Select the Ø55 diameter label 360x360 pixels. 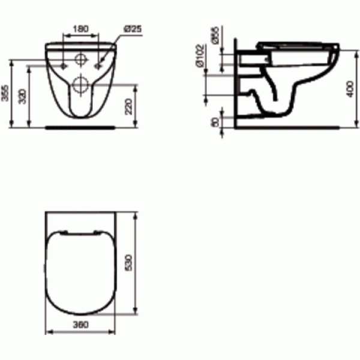[x=215, y=36]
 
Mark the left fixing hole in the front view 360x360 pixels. [x=63, y=62]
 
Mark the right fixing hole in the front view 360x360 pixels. [x=97, y=62]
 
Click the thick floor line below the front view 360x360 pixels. [x=79, y=127]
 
